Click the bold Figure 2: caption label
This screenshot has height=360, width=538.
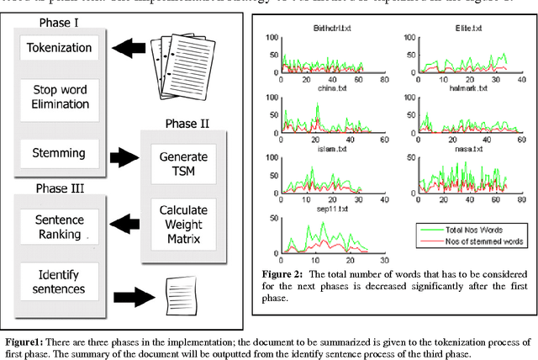point(284,274)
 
